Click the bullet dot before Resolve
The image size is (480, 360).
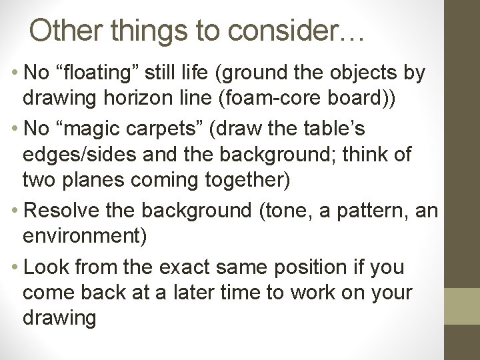click(x=14, y=211)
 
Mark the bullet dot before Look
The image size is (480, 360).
click(x=14, y=267)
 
